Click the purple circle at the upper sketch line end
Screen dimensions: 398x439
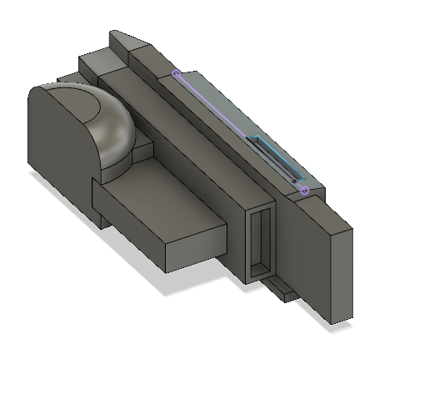point(177,73)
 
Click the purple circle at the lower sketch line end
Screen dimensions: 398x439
point(305,191)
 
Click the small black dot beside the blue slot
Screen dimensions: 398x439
point(294,180)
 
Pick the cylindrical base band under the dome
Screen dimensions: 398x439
point(117,163)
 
